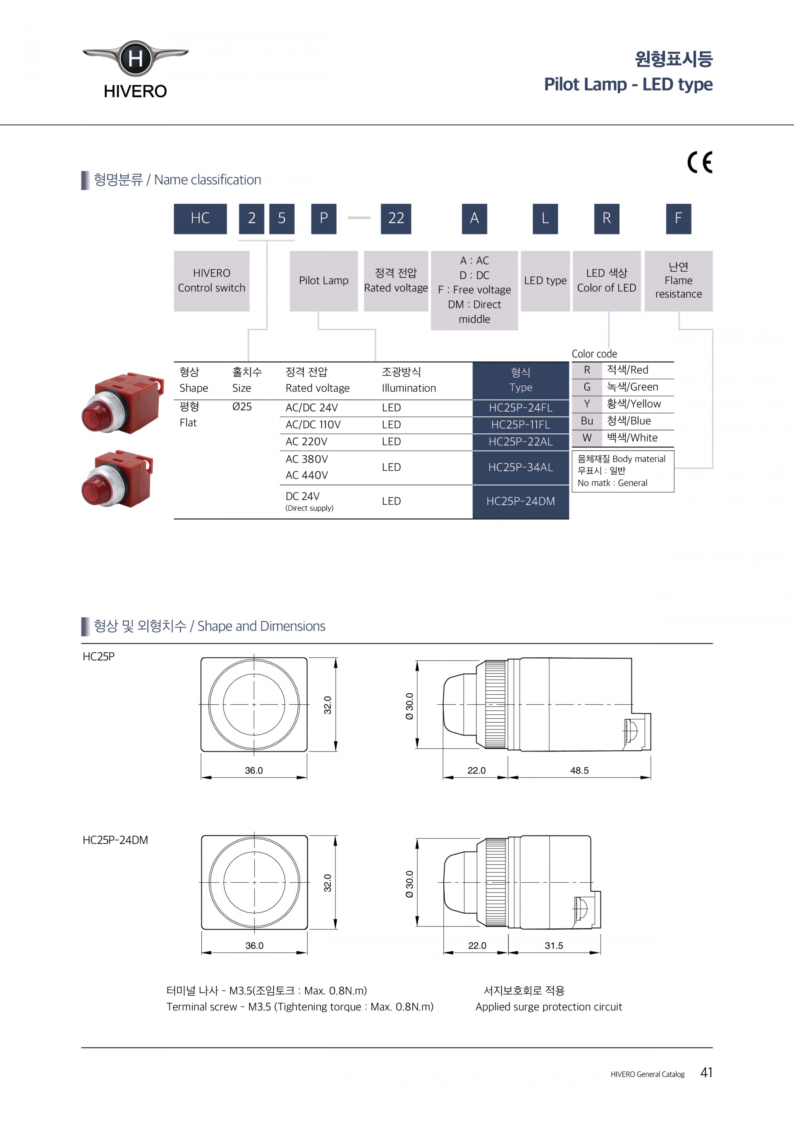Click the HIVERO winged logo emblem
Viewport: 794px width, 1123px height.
[x=135, y=58]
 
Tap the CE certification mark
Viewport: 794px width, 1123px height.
[x=700, y=163]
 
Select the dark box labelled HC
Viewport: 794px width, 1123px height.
[x=201, y=219]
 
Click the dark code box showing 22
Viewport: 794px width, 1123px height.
[x=396, y=219]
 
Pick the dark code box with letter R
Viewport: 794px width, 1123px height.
[x=607, y=219]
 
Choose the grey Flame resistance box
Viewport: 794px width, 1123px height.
[x=679, y=281]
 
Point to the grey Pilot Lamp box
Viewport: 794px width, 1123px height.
[x=324, y=281]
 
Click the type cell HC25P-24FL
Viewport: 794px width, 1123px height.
[x=521, y=408]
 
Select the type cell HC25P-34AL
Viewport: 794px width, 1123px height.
[x=521, y=467]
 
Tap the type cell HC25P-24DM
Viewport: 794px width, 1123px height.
[x=521, y=501]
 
